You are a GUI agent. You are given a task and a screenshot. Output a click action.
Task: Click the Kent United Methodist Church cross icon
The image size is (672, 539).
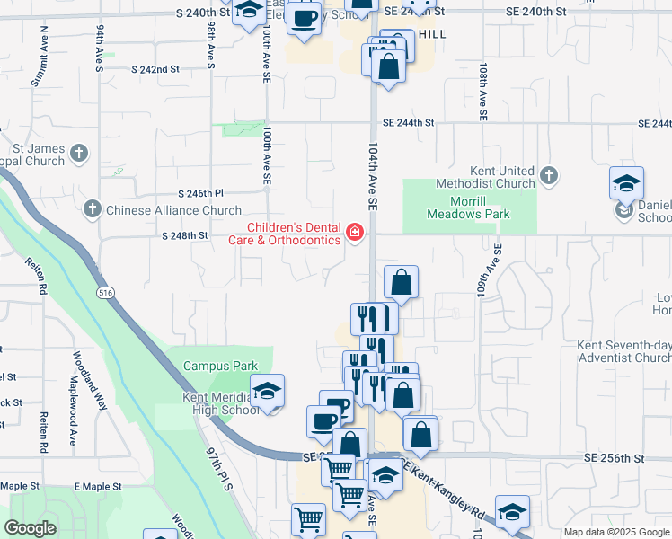click(549, 173)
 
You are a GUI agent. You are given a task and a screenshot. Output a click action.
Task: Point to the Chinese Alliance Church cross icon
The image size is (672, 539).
click(92, 210)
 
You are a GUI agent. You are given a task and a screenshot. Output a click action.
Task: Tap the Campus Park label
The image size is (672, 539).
click(220, 366)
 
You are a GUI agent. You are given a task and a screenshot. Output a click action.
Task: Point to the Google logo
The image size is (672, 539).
click(30, 528)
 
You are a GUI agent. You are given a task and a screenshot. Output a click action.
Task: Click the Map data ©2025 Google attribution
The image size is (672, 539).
click(615, 532)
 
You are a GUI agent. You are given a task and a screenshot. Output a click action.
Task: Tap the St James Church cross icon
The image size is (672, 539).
click(79, 152)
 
